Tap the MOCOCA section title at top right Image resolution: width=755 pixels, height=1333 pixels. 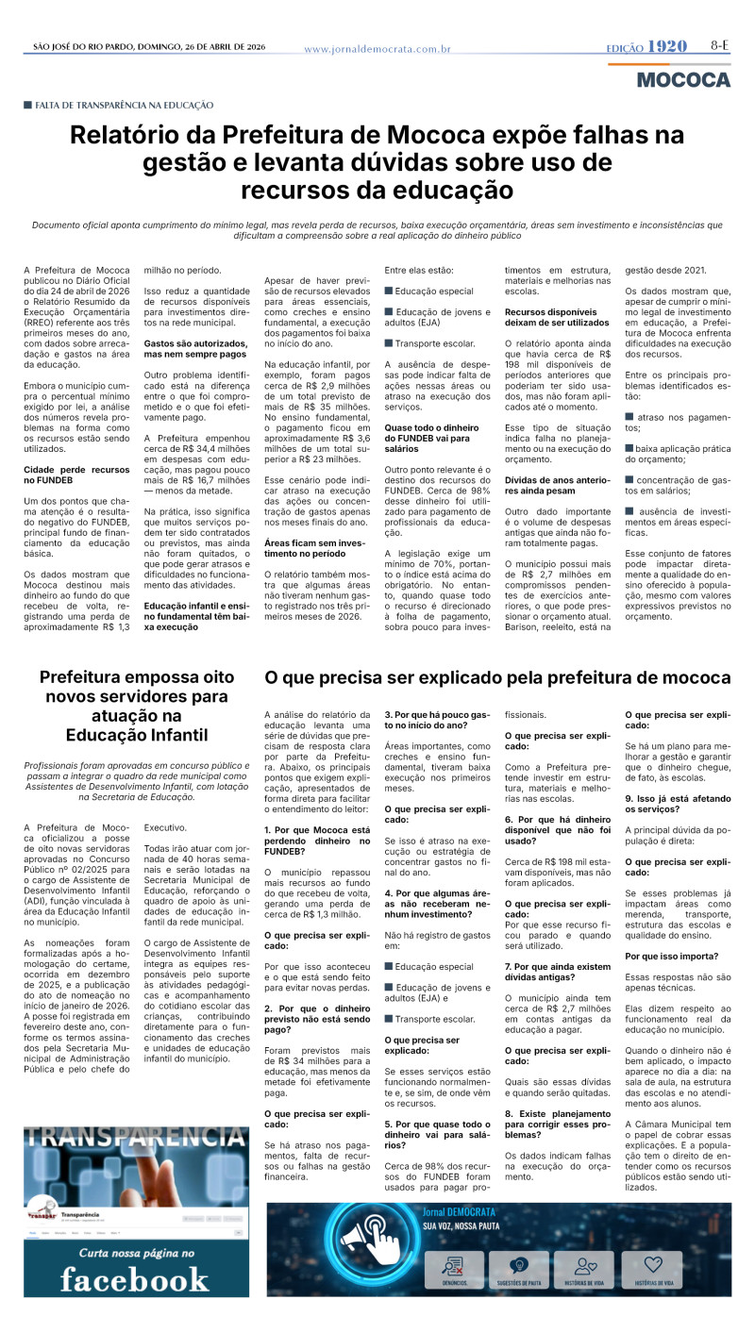(x=683, y=79)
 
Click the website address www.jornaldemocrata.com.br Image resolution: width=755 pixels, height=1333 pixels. (x=377, y=49)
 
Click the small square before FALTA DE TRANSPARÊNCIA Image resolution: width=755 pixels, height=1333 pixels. (x=28, y=105)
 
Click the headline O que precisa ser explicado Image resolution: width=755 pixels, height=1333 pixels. (x=497, y=677)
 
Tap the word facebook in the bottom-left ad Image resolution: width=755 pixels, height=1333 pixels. (x=135, y=1279)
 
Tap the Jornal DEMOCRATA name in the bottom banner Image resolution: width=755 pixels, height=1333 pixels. (x=460, y=1210)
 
